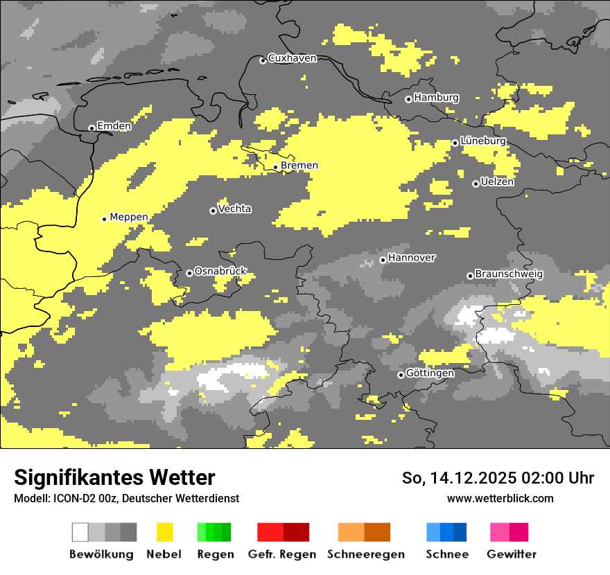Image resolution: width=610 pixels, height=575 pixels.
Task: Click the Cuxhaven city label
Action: (292, 58)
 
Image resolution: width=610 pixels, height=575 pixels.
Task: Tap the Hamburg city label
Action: (436, 98)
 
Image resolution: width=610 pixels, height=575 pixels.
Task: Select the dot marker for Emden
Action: (91, 127)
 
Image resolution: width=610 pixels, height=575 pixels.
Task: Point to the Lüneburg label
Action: (483, 141)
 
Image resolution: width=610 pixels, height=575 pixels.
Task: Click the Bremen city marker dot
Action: (275, 167)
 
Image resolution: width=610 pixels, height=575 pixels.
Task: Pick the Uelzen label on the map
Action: (497, 182)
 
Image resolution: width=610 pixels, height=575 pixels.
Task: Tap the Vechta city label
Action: (234, 209)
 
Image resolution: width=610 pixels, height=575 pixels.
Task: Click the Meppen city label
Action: (129, 217)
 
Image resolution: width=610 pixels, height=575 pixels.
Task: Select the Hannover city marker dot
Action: (383, 260)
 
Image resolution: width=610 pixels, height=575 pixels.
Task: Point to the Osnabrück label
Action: (220, 271)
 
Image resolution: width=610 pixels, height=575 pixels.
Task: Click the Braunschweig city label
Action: (509, 274)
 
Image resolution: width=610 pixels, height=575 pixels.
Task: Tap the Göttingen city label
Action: (430, 373)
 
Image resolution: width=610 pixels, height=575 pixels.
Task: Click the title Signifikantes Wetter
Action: (114, 477)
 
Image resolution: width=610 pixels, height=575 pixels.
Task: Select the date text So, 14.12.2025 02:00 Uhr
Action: (498, 478)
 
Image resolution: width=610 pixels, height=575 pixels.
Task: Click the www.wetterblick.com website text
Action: (500, 498)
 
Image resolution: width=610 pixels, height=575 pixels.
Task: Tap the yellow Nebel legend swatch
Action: (164, 532)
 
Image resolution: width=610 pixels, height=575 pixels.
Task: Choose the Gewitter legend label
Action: (511, 554)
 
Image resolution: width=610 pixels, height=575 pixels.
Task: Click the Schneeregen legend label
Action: (365, 554)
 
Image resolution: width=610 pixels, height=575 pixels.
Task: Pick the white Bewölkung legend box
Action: (80, 532)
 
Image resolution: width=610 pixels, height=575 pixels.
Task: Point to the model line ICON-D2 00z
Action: (126, 498)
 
